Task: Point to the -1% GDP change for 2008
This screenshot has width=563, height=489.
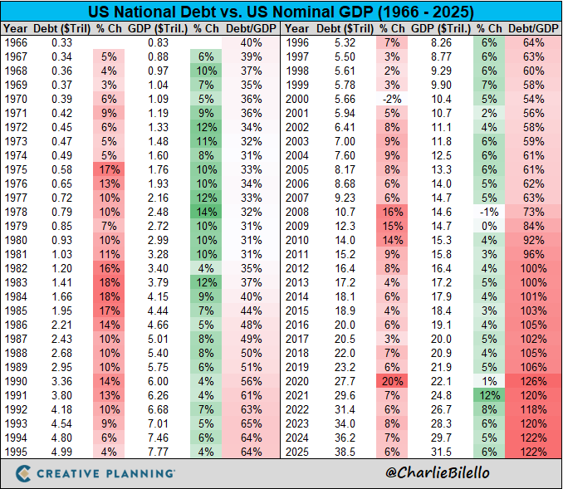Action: point(488,212)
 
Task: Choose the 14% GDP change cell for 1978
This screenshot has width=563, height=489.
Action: point(207,212)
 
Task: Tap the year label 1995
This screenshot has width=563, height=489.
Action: point(17,452)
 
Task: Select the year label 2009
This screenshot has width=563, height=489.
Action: point(297,225)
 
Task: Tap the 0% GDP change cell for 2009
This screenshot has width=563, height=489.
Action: point(488,225)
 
